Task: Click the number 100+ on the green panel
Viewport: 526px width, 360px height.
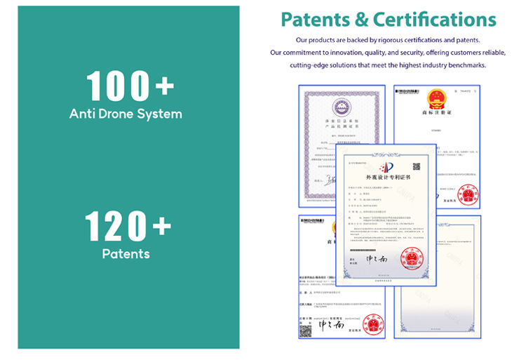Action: click(128, 86)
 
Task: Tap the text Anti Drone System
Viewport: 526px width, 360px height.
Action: click(126, 113)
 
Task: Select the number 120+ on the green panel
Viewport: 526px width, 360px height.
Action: click(128, 226)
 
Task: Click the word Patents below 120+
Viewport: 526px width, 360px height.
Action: click(126, 253)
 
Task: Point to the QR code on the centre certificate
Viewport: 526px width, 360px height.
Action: click(416, 167)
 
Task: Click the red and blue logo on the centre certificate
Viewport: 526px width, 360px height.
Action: click(383, 167)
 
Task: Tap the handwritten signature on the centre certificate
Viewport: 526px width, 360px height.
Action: click(371, 259)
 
